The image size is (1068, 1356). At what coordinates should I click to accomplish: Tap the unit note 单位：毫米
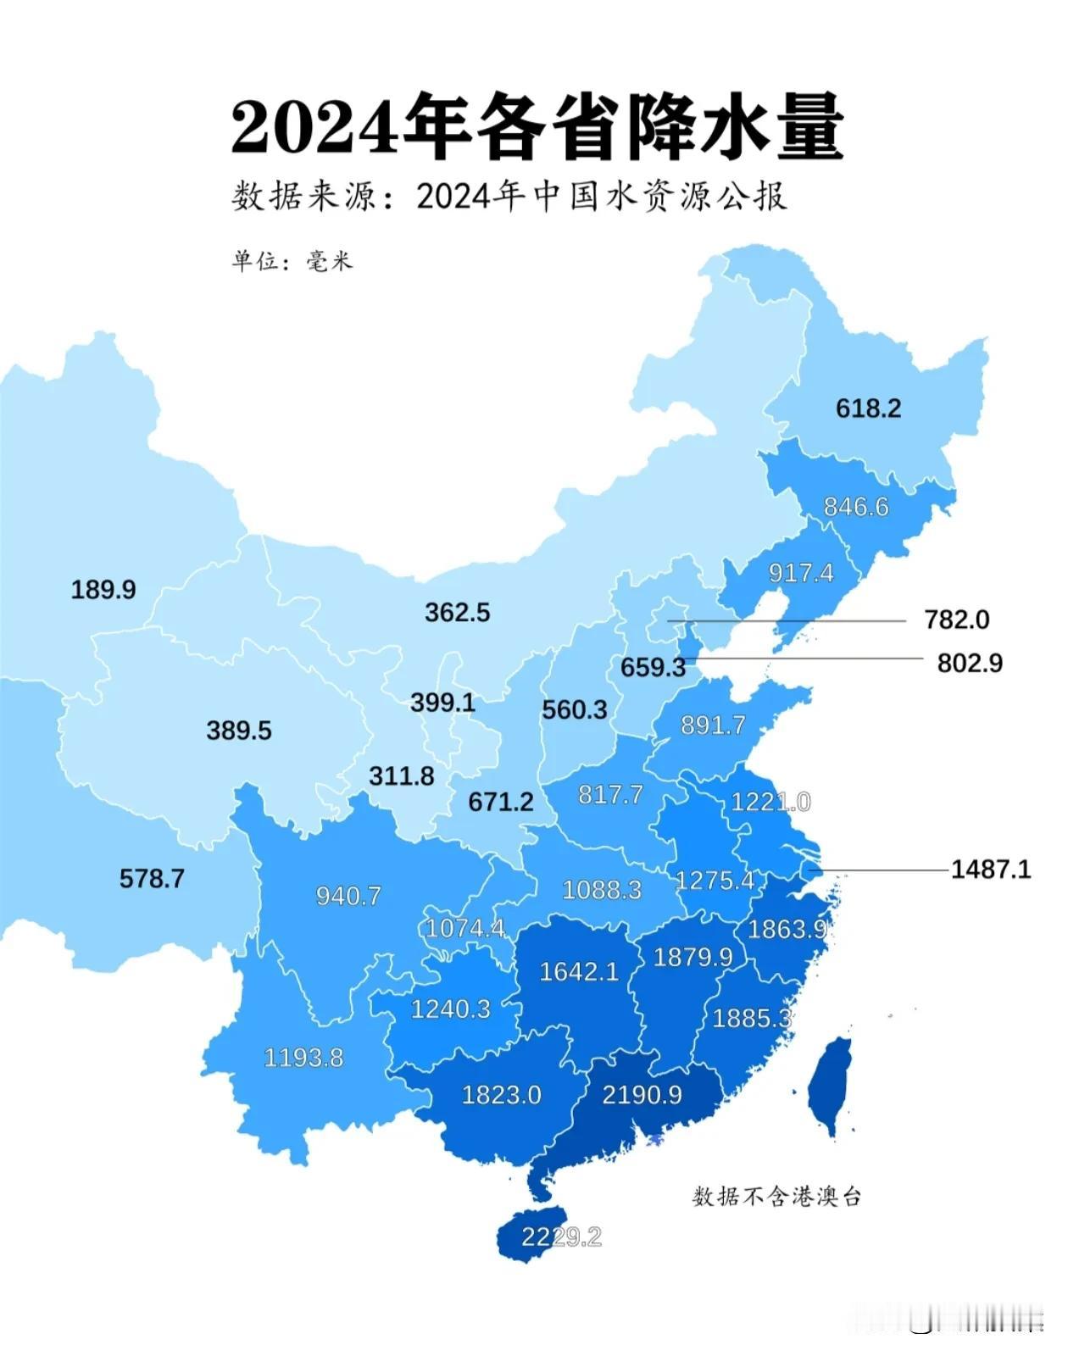tap(292, 260)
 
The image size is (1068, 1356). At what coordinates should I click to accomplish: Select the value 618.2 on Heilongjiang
tap(868, 408)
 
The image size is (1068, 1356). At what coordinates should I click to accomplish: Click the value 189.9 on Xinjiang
tap(103, 589)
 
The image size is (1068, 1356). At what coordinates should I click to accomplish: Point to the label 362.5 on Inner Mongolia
tap(457, 612)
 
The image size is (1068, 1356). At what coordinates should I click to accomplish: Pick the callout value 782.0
tap(956, 620)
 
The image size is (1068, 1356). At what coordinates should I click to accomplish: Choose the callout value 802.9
tap(969, 663)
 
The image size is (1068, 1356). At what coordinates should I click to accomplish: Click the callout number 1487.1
tap(990, 869)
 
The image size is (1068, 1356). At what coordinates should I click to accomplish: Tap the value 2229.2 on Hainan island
tap(560, 1237)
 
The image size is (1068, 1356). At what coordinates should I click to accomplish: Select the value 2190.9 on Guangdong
tap(642, 1094)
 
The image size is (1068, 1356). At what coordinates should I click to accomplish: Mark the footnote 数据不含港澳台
tap(776, 1196)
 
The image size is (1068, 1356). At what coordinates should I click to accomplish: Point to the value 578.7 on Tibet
tap(152, 878)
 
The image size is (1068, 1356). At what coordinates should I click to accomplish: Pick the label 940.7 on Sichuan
tap(348, 896)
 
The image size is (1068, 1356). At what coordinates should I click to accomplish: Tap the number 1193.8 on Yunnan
tap(303, 1057)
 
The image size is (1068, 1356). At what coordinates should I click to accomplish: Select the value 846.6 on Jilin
tap(856, 506)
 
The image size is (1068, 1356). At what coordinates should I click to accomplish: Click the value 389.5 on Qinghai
tap(239, 731)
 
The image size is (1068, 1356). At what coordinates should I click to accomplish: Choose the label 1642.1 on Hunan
tap(579, 971)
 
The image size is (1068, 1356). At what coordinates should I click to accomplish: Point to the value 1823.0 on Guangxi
tap(501, 1094)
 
